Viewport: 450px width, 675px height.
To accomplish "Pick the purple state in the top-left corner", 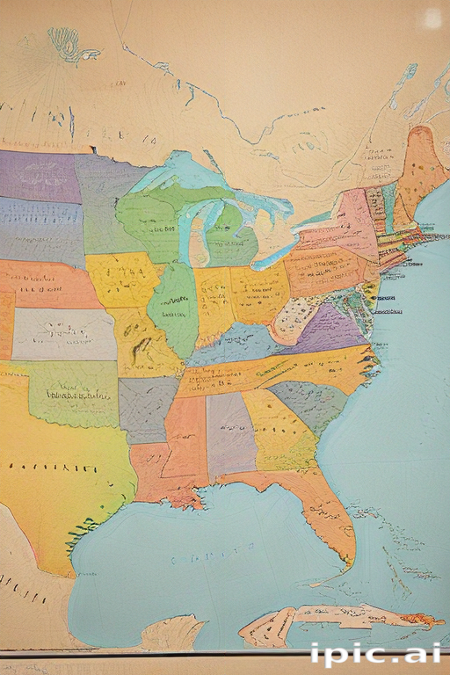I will tap(40, 176).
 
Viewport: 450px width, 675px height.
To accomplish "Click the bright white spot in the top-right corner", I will tap(432, 17).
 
